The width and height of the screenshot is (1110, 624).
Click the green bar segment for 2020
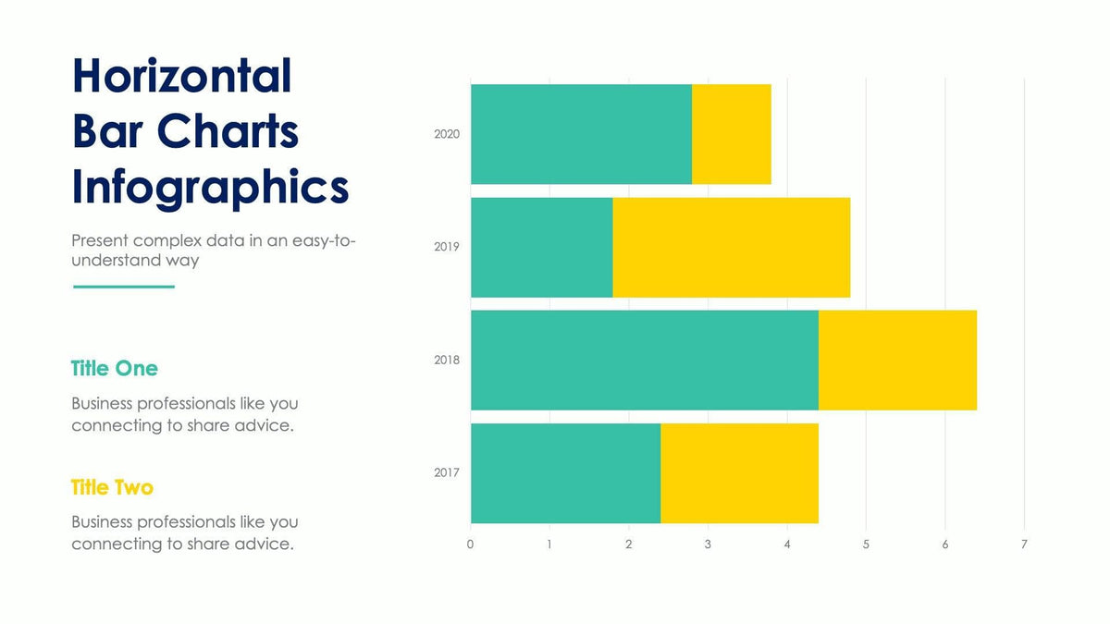point(581,134)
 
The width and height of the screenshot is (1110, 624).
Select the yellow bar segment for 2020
point(732,134)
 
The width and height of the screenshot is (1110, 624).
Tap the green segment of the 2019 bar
point(541,247)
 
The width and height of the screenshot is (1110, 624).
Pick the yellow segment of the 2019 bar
point(731,247)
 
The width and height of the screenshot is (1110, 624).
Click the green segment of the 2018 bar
point(644,360)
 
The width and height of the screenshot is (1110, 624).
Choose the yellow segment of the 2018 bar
point(897,360)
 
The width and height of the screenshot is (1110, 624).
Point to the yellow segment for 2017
point(739,473)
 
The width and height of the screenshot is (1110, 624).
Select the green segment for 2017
point(565,473)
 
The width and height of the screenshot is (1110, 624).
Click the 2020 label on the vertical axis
point(447,134)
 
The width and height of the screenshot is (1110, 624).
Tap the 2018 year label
point(447,360)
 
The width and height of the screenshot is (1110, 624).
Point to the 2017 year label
point(447,473)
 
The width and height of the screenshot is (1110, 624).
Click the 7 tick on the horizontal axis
point(1024,544)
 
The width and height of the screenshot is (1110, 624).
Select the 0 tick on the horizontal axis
point(470,544)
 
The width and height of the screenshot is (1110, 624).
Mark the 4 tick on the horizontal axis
point(787,544)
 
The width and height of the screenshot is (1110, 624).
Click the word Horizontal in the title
point(182,76)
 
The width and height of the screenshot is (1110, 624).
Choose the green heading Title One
point(115,369)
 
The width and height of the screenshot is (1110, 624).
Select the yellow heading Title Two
point(112,487)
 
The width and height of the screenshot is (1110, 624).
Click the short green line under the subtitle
point(123,287)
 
